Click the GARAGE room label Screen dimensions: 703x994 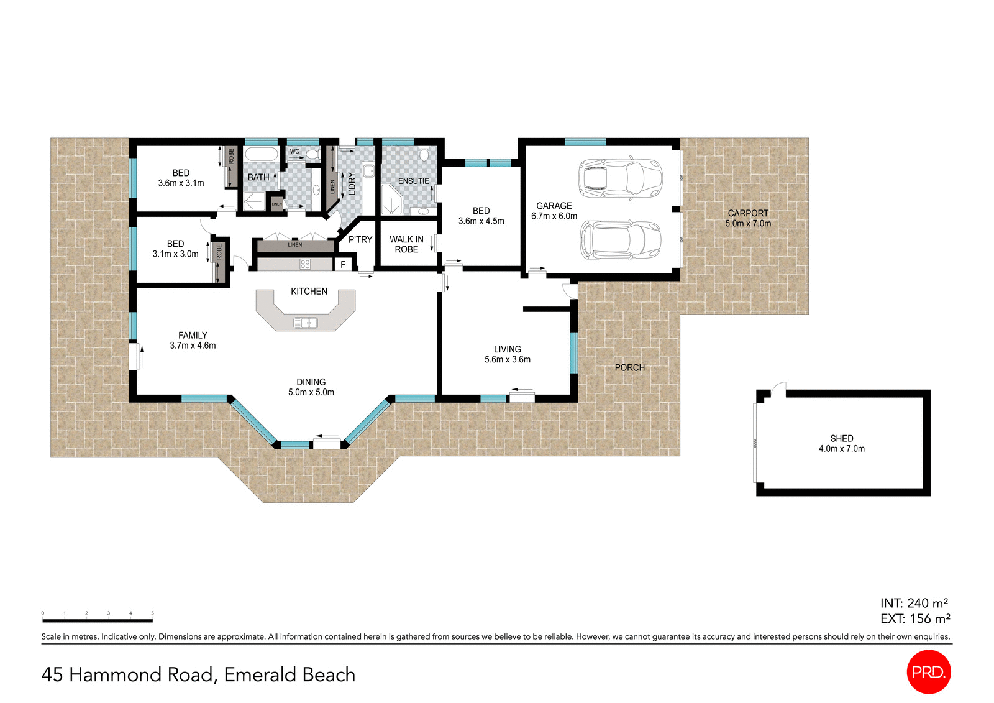[x=554, y=206]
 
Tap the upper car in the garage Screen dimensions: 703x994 [x=620, y=178]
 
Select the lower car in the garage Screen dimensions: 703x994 [x=620, y=239]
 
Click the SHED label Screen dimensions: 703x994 [x=841, y=438]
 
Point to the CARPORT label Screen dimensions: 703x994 [x=748, y=213]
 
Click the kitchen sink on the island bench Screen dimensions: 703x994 [x=305, y=323]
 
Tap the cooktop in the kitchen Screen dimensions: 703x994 [x=305, y=264]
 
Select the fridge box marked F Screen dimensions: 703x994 [x=342, y=265]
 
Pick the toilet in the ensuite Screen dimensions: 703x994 [x=425, y=154]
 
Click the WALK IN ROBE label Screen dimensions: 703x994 [x=406, y=244]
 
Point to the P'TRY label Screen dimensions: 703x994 [x=360, y=239]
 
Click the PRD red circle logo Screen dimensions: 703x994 [x=929, y=671]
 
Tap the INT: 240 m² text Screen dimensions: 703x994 [x=914, y=603]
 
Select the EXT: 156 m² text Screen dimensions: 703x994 [x=914, y=619]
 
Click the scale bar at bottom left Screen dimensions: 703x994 [x=98, y=620]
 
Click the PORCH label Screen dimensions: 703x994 [x=629, y=367]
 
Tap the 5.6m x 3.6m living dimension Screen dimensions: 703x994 [x=507, y=359]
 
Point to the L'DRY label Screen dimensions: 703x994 [x=352, y=184]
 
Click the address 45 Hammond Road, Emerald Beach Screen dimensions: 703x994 [x=198, y=674]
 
